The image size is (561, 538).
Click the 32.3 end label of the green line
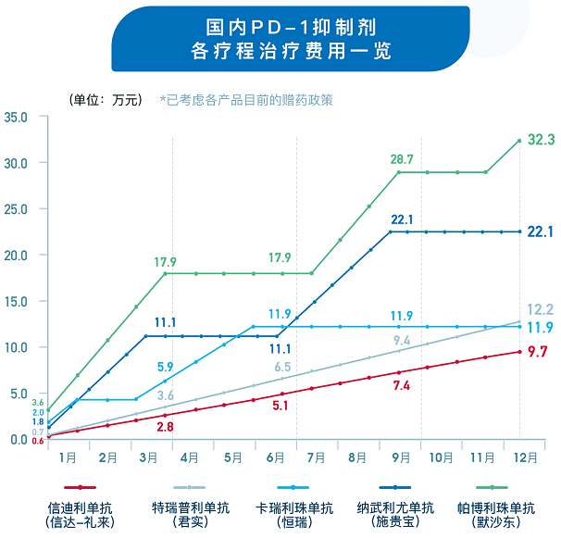(x=540, y=140)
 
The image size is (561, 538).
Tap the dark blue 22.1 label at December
(x=540, y=231)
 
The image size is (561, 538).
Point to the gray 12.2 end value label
(x=540, y=309)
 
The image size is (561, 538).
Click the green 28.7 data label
(x=402, y=159)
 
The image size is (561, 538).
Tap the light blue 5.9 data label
(x=166, y=367)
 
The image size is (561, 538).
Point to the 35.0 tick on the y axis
(x=17, y=117)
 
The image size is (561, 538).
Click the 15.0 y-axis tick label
(x=17, y=301)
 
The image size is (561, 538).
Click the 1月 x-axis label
(x=68, y=457)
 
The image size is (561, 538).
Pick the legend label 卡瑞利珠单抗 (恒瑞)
(x=294, y=514)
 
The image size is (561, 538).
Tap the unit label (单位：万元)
(x=105, y=99)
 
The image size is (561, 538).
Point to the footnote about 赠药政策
(x=245, y=99)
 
